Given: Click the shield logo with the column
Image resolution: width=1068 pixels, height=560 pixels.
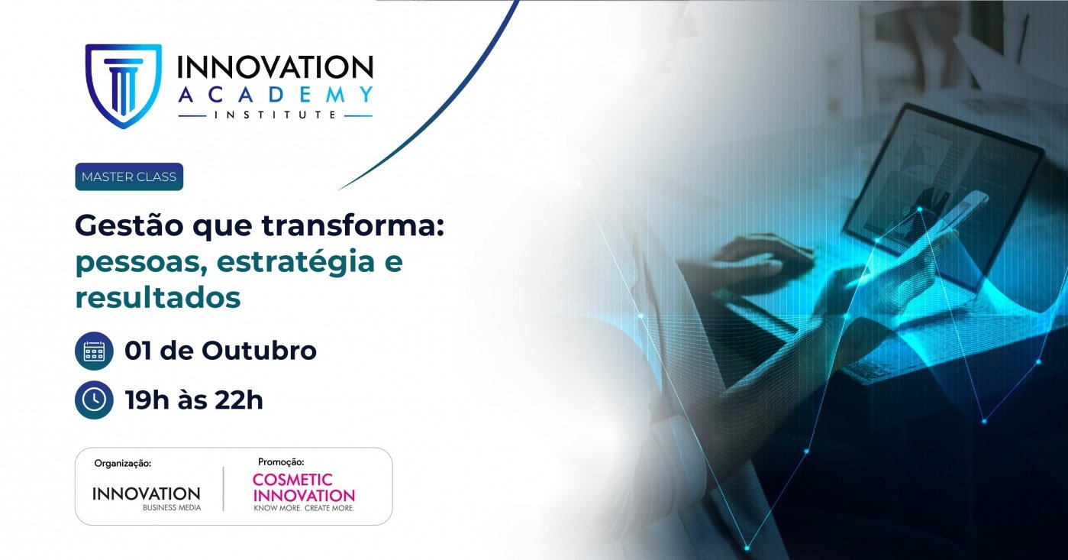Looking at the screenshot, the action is point(124,86).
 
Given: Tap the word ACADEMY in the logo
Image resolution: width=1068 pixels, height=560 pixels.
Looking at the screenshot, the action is point(275,95).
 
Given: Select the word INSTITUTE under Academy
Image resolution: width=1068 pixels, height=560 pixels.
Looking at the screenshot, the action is point(276,115).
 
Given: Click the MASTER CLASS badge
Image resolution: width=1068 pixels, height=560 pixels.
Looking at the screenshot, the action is point(129,177).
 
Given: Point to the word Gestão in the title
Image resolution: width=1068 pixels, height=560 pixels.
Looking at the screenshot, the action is point(129,226).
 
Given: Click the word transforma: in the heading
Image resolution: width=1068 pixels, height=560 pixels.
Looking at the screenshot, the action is point(353,225).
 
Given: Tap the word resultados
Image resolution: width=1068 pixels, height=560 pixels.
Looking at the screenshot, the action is point(158,298).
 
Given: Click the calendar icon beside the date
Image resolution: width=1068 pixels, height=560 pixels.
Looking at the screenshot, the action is point(94,351).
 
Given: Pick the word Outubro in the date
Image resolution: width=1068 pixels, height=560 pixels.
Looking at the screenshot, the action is point(259,351).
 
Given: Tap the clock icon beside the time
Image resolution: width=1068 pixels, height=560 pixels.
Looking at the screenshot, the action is point(94,400).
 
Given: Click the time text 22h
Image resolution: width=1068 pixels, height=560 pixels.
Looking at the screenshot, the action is point(239,400).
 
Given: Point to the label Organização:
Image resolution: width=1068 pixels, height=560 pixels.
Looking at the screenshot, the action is point(123,463).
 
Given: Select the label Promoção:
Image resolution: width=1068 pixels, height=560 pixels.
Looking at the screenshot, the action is point(281,461).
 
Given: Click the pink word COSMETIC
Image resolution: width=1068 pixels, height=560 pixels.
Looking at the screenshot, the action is point(292,479).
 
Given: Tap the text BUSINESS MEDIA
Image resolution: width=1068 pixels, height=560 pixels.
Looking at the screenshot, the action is point(172,507).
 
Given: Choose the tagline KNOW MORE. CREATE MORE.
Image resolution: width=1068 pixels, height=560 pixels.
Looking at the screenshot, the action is point(304,508).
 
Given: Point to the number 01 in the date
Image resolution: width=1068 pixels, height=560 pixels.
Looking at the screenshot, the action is point(139,351).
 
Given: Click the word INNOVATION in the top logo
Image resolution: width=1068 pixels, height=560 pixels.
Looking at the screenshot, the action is point(275,67).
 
